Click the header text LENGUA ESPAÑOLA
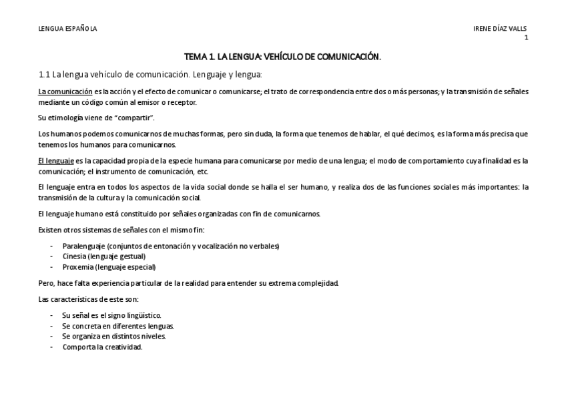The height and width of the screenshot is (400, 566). point(67,28)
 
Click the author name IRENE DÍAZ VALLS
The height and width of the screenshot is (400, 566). point(500,28)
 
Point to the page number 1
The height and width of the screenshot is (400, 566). point(526,37)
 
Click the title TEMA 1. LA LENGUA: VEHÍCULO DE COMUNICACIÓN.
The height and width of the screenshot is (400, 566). point(282,57)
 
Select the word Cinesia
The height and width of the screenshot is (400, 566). point(74,256)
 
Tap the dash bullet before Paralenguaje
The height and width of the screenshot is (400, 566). point(52,246)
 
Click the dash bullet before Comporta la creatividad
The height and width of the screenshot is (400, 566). point(52,347)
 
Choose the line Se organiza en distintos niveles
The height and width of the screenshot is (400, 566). point(113,337)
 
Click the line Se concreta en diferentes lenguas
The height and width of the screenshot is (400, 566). point(117,326)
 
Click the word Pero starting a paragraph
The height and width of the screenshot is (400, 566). point(46,282)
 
